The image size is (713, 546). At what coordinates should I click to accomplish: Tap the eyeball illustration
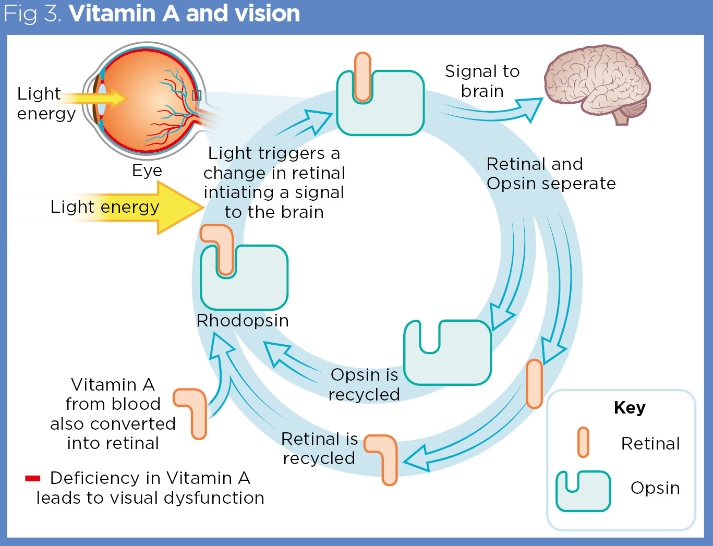[x=146, y=99]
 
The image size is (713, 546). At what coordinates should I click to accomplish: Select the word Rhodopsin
[x=243, y=320]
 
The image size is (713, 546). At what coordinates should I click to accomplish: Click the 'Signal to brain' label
[x=482, y=81]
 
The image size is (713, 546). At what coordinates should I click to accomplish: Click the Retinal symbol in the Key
[x=583, y=442]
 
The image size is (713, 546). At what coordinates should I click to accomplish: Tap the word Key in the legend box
[x=630, y=407]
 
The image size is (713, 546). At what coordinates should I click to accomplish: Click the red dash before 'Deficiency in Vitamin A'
[x=32, y=478]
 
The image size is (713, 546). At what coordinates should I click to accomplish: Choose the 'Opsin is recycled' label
[x=364, y=384]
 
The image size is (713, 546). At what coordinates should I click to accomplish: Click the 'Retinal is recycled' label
[x=319, y=448]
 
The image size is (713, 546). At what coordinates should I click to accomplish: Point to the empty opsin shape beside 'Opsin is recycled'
[x=448, y=353]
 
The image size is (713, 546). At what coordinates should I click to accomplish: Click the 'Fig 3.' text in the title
[x=32, y=14]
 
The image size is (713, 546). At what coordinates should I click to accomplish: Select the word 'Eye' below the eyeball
[x=147, y=171]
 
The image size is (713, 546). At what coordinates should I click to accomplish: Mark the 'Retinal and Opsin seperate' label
[x=550, y=174]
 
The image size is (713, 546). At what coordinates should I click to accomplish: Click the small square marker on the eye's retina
[x=197, y=95]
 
